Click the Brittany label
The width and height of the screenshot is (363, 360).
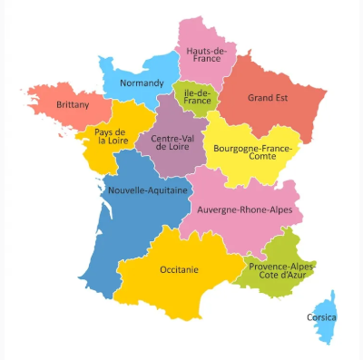(x=73, y=105)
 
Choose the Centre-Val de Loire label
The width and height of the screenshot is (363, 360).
(x=170, y=143)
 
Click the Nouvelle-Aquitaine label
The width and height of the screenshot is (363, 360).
(x=148, y=191)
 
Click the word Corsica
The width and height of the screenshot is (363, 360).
(x=321, y=318)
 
